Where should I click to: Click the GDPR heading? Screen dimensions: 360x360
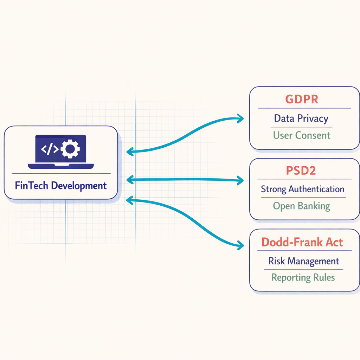302,99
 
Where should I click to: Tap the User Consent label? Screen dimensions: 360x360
302,135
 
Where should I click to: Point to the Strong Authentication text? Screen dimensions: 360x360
302,189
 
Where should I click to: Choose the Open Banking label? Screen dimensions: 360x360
302,206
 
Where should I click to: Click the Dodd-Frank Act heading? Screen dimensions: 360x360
302,242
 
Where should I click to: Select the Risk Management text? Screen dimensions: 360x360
303,261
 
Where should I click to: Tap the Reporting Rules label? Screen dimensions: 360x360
303,277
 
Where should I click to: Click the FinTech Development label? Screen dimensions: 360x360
61,185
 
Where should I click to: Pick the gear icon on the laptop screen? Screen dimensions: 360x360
70,149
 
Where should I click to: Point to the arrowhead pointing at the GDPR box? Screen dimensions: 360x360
241,119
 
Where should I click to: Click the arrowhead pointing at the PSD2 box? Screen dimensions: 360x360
241,180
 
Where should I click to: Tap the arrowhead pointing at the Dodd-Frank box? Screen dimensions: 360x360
241,245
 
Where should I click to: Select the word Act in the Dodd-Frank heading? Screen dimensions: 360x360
334,242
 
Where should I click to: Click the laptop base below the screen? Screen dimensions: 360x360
60,165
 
